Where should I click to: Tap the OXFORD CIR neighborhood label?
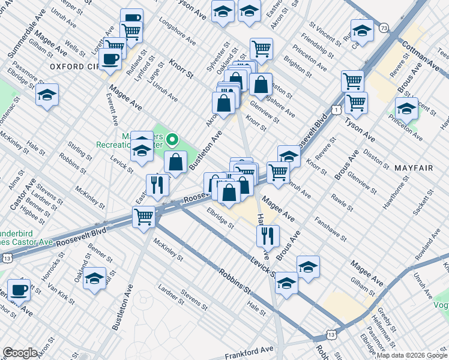click(x=74, y=66)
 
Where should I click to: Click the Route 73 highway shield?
click(x=384, y=28)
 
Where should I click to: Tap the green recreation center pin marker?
click(x=173, y=140)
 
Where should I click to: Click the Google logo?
click(x=20, y=352)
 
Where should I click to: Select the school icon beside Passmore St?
click(x=47, y=94)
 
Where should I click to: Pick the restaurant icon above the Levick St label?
click(x=268, y=235)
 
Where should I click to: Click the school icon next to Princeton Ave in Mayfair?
click(x=406, y=108)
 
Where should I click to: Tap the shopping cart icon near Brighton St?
click(x=261, y=48)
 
